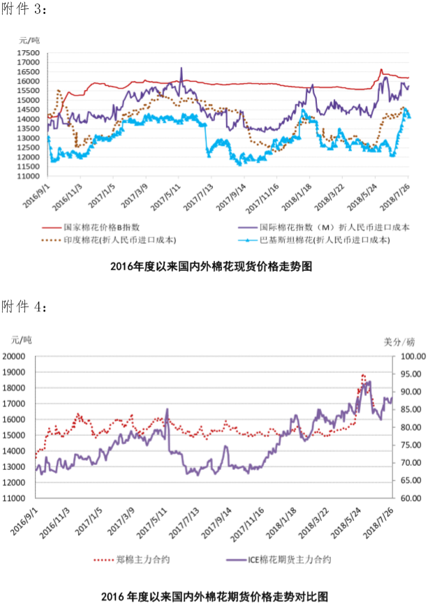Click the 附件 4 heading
[24, 307]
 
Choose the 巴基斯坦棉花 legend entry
[332, 240]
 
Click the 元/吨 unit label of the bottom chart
[22, 339]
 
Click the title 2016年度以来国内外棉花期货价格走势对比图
[214, 596]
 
